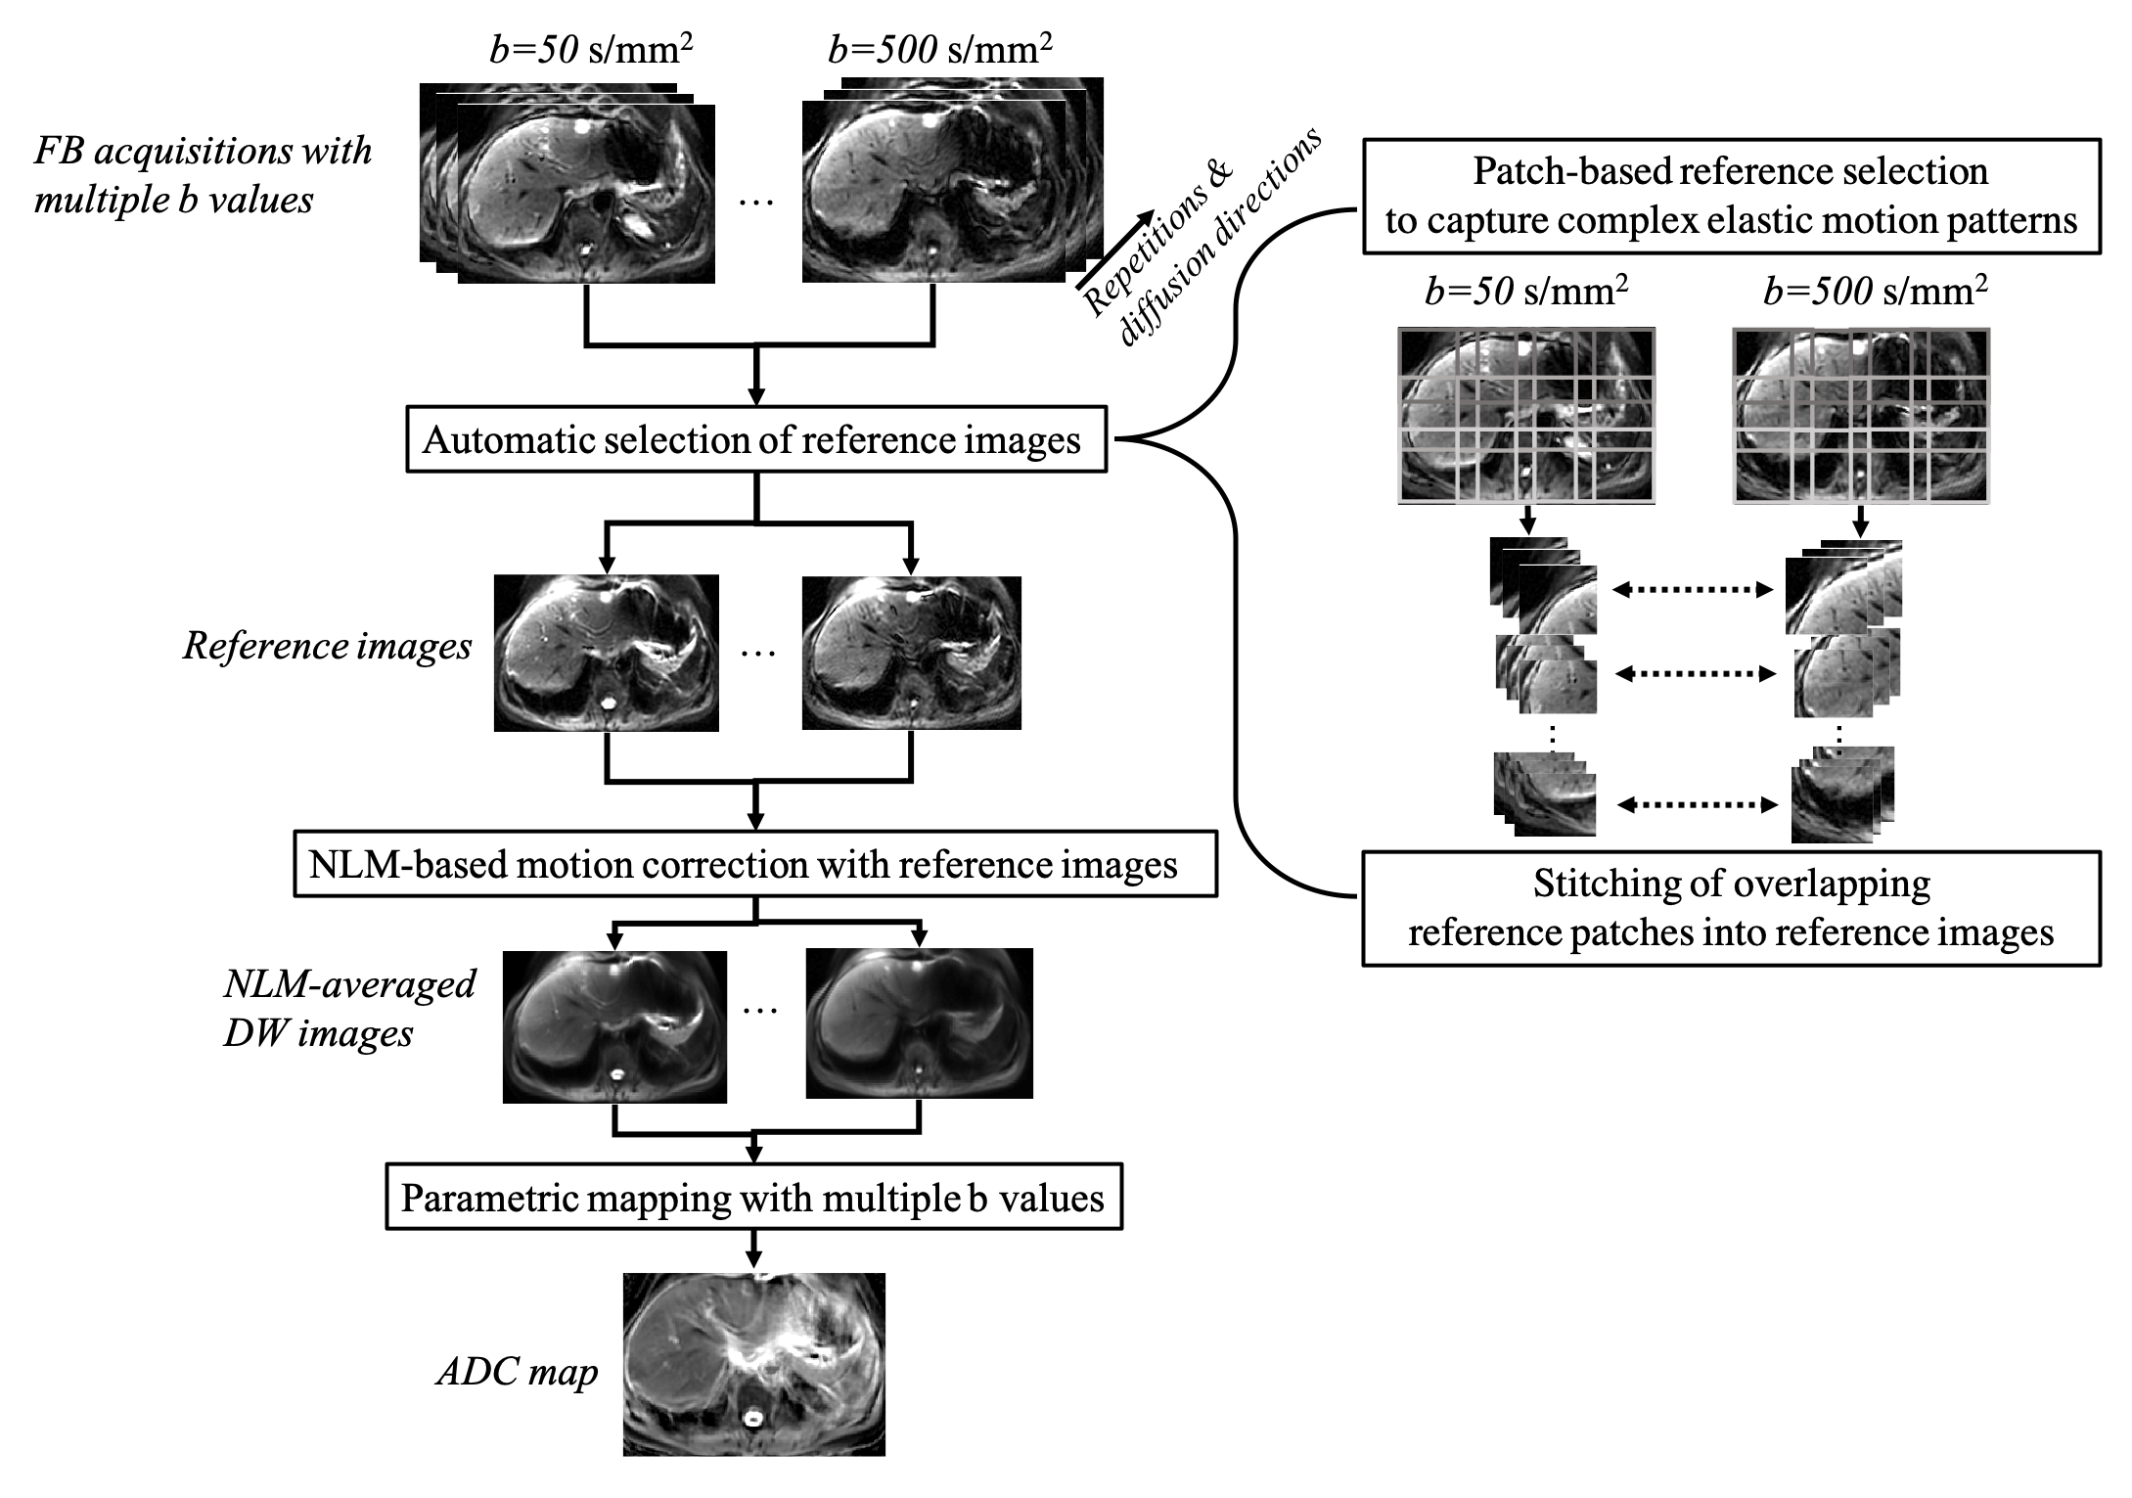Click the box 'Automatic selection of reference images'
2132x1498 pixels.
tap(755, 440)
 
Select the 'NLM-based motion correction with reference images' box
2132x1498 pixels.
tap(754, 865)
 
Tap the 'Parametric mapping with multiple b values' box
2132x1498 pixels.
tap(753, 1198)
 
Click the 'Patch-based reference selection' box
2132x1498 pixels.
tap(1731, 196)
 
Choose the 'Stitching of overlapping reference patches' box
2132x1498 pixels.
tap(1731, 908)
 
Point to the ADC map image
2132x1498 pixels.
tap(753, 1363)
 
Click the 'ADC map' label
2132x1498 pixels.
tap(517, 1372)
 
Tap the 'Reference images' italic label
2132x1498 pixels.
tap(327, 646)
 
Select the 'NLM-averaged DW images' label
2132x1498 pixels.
tap(349, 1008)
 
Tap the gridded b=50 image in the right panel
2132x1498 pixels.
tap(1526, 416)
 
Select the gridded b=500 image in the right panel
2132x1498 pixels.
tap(1861, 416)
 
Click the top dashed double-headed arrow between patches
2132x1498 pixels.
tap(1693, 589)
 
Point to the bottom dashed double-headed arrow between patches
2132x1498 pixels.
tap(1697, 805)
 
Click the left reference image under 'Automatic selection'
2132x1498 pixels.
tap(606, 653)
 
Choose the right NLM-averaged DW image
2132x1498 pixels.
tap(919, 1022)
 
